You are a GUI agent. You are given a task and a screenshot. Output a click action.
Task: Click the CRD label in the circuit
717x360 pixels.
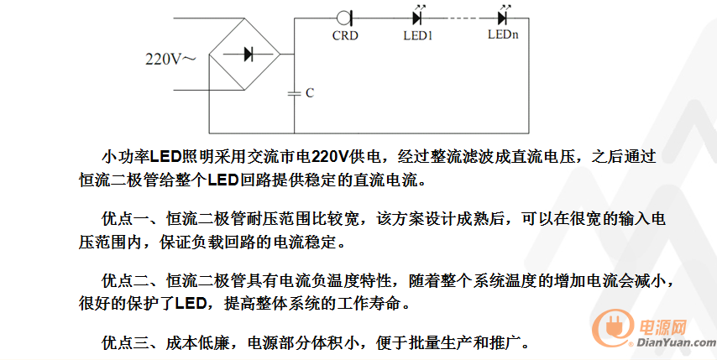click(345, 35)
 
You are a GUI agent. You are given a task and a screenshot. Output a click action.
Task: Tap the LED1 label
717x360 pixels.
click(417, 35)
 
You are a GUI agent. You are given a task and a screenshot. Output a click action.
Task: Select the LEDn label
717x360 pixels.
click(503, 34)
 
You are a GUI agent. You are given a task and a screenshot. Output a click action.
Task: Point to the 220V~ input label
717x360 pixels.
click(170, 60)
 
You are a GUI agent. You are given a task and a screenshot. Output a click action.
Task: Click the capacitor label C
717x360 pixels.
click(310, 93)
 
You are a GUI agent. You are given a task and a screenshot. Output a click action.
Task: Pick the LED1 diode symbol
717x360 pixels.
click(417, 17)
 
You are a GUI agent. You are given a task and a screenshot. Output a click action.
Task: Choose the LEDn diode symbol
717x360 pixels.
click(503, 17)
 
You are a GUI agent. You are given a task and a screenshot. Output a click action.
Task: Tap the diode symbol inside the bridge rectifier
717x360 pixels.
click(249, 55)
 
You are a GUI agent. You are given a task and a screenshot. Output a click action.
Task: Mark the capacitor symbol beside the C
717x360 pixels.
click(294, 94)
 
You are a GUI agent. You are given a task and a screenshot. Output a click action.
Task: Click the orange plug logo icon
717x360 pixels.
click(612, 326)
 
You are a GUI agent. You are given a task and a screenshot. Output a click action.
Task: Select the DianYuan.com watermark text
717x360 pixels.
click(676, 342)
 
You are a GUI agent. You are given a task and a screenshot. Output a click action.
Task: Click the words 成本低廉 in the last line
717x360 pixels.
click(197, 342)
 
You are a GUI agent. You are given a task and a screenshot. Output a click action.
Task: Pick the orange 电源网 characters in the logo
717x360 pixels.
click(662, 326)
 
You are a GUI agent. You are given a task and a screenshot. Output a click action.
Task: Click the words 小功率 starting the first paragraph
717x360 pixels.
click(125, 157)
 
